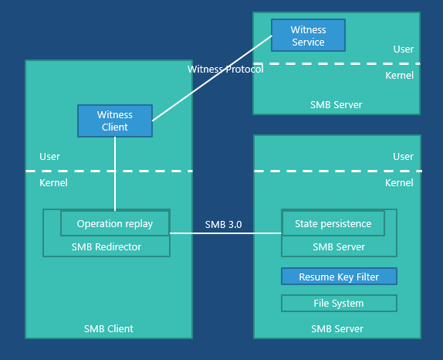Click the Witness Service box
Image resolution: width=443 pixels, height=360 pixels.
308,36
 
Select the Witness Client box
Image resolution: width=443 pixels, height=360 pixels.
115,121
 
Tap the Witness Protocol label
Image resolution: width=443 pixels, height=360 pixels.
225,70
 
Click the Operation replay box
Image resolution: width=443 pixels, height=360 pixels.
115,224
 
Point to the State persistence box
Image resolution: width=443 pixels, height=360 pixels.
333,224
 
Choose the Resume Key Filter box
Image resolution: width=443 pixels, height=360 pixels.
339,277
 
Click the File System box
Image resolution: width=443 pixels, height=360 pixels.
339,303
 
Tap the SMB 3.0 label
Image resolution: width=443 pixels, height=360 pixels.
223,225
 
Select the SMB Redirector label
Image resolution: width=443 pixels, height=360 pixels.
107,247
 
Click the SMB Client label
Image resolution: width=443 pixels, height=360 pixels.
109,328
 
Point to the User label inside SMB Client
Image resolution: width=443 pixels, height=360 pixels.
50,157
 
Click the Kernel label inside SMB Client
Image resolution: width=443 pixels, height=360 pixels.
53,183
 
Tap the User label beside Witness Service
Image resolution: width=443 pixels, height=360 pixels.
403,49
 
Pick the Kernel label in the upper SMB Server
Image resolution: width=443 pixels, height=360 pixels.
399,76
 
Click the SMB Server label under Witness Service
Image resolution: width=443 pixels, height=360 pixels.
336,104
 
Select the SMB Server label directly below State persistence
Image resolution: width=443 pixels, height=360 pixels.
339,247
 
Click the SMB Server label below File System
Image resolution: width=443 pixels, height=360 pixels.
337,328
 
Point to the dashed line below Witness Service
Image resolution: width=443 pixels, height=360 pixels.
336,63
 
